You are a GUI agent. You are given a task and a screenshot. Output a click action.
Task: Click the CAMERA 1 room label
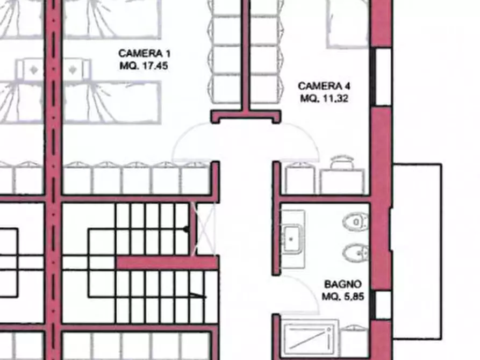[x=145, y=53]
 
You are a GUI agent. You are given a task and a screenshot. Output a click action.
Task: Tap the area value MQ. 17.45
[x=145, y=65]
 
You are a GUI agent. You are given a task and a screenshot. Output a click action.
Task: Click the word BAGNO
[x=342, y=284]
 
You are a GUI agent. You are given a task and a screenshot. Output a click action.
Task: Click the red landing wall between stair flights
[x=167, y=263]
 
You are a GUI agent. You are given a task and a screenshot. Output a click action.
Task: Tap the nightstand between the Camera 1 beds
[x=52, y=70]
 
